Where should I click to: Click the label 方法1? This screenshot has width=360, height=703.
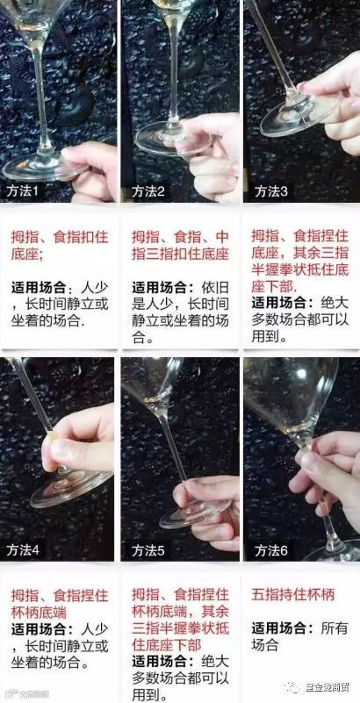(25, 191)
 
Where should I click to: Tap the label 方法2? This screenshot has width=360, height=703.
(148, 191)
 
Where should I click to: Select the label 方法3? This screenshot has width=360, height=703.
(271, 191)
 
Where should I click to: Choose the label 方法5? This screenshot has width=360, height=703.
(148, 550)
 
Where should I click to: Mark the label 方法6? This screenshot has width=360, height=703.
(271, 550)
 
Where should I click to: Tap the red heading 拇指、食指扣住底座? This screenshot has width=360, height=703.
(60, 245)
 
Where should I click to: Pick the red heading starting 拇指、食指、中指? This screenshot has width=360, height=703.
(180, 245)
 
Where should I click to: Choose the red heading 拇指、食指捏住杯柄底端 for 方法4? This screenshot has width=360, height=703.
(60, 604)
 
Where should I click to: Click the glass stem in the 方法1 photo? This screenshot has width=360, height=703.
(40, 98)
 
